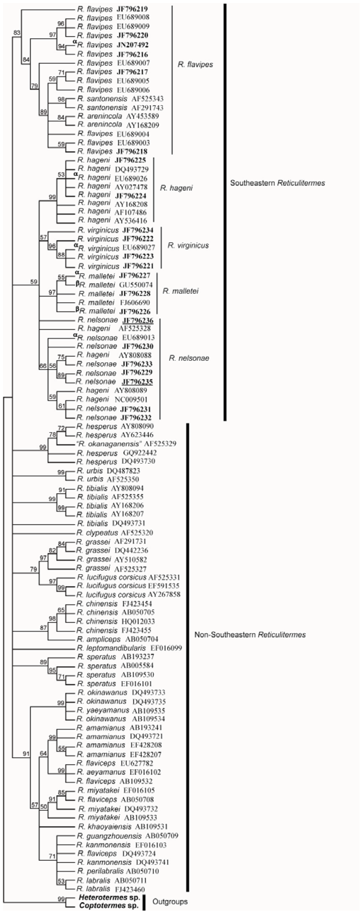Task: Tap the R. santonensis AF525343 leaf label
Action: pyautogui.click(x=120, y=99)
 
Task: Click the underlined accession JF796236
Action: pyautogui.click(x=138, y=320)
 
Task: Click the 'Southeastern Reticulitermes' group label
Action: pyautogui.click(x=277, y=183)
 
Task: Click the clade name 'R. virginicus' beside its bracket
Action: pyautogui.click(x=188, y=245)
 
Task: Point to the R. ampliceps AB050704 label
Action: pyautogui.click(x=117, y=639)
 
